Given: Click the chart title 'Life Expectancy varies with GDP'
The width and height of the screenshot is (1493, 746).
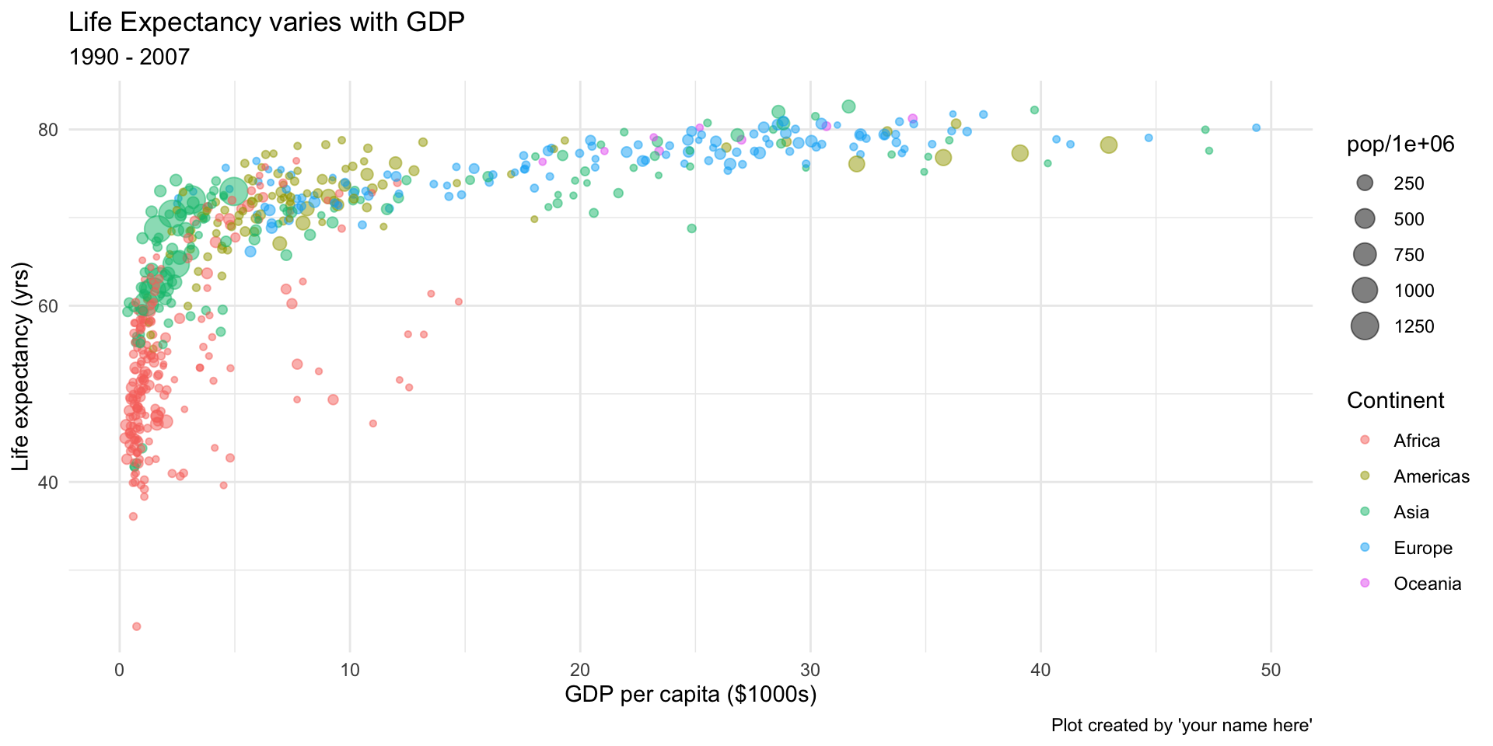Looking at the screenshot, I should (266, 23).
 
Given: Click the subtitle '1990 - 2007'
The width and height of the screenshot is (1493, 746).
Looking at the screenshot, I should (129, 58).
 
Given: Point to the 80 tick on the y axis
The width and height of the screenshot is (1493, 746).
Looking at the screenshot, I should (49, 129).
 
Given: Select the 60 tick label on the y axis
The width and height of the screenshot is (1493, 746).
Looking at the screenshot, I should (49, 305).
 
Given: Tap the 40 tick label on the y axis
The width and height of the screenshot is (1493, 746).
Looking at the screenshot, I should (49, 482).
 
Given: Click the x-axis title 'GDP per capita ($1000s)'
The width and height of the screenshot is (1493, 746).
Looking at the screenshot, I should (691, 695).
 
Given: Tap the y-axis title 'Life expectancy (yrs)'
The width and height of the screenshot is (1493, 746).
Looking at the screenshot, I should (22, 367).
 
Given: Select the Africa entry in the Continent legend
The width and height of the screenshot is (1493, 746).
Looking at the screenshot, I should (1416, 441).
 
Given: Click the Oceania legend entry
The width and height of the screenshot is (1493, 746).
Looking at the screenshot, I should (1427, 584).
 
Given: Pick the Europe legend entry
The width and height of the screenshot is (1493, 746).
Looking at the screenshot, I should (1422, 548).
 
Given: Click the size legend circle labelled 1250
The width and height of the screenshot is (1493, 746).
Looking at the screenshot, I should (1365, 326).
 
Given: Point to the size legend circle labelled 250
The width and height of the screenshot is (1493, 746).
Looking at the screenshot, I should (1365, 183).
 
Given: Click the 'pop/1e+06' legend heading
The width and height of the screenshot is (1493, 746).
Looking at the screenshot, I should (1400, 145).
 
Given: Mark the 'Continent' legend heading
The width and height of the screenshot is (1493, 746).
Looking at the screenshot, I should (1395, 400).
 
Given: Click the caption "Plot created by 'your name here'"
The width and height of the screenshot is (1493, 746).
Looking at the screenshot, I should (1181, 726).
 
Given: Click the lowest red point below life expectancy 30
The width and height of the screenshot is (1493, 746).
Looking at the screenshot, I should (136, 626).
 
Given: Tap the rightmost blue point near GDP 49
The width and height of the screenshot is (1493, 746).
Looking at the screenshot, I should (1256, 127).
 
